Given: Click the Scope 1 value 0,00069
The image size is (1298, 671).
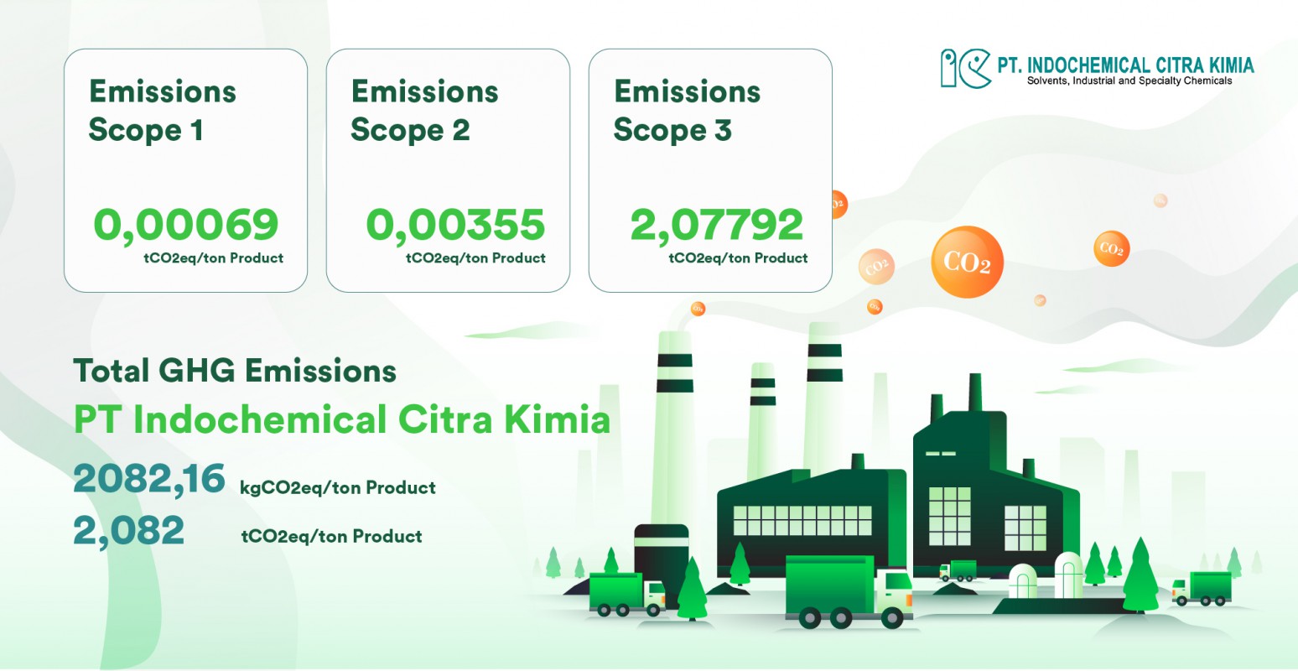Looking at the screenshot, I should (x=185, y=224).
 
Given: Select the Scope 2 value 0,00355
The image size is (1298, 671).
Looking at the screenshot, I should (x=455, y=224).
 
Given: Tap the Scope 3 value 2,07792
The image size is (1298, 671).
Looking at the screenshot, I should (x=717, y=224).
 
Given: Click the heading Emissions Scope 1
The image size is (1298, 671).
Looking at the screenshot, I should (x=162, y=110).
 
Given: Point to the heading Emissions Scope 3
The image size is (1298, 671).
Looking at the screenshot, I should (x=686, y=110).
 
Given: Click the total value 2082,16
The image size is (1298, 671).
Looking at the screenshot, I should (x=148, y=479).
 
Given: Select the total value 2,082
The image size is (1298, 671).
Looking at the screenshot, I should (x=128, y=531).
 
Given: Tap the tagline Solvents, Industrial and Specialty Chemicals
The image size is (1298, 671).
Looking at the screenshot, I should (x=1129, y=81).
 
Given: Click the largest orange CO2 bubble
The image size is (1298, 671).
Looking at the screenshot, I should (x=967, y=262).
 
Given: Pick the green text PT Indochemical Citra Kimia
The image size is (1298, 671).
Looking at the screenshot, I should (x=341, y=419).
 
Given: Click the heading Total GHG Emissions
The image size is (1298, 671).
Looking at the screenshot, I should (x=235, y=370).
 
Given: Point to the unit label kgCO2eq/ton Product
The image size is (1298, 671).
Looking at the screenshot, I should (x=337, y=487).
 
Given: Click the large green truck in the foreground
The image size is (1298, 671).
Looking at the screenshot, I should (x=847, y=591).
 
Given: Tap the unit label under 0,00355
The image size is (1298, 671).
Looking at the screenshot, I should (x=475, y=258).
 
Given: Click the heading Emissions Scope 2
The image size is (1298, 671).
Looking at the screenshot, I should (x=424, y=110).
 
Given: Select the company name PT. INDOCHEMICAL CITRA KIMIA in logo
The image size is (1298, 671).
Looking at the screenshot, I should (x=1125, y=65).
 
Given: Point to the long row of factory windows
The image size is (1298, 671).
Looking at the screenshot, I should (x=802, y=520).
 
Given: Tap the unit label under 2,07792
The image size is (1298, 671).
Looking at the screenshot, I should (x=738, y=258).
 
